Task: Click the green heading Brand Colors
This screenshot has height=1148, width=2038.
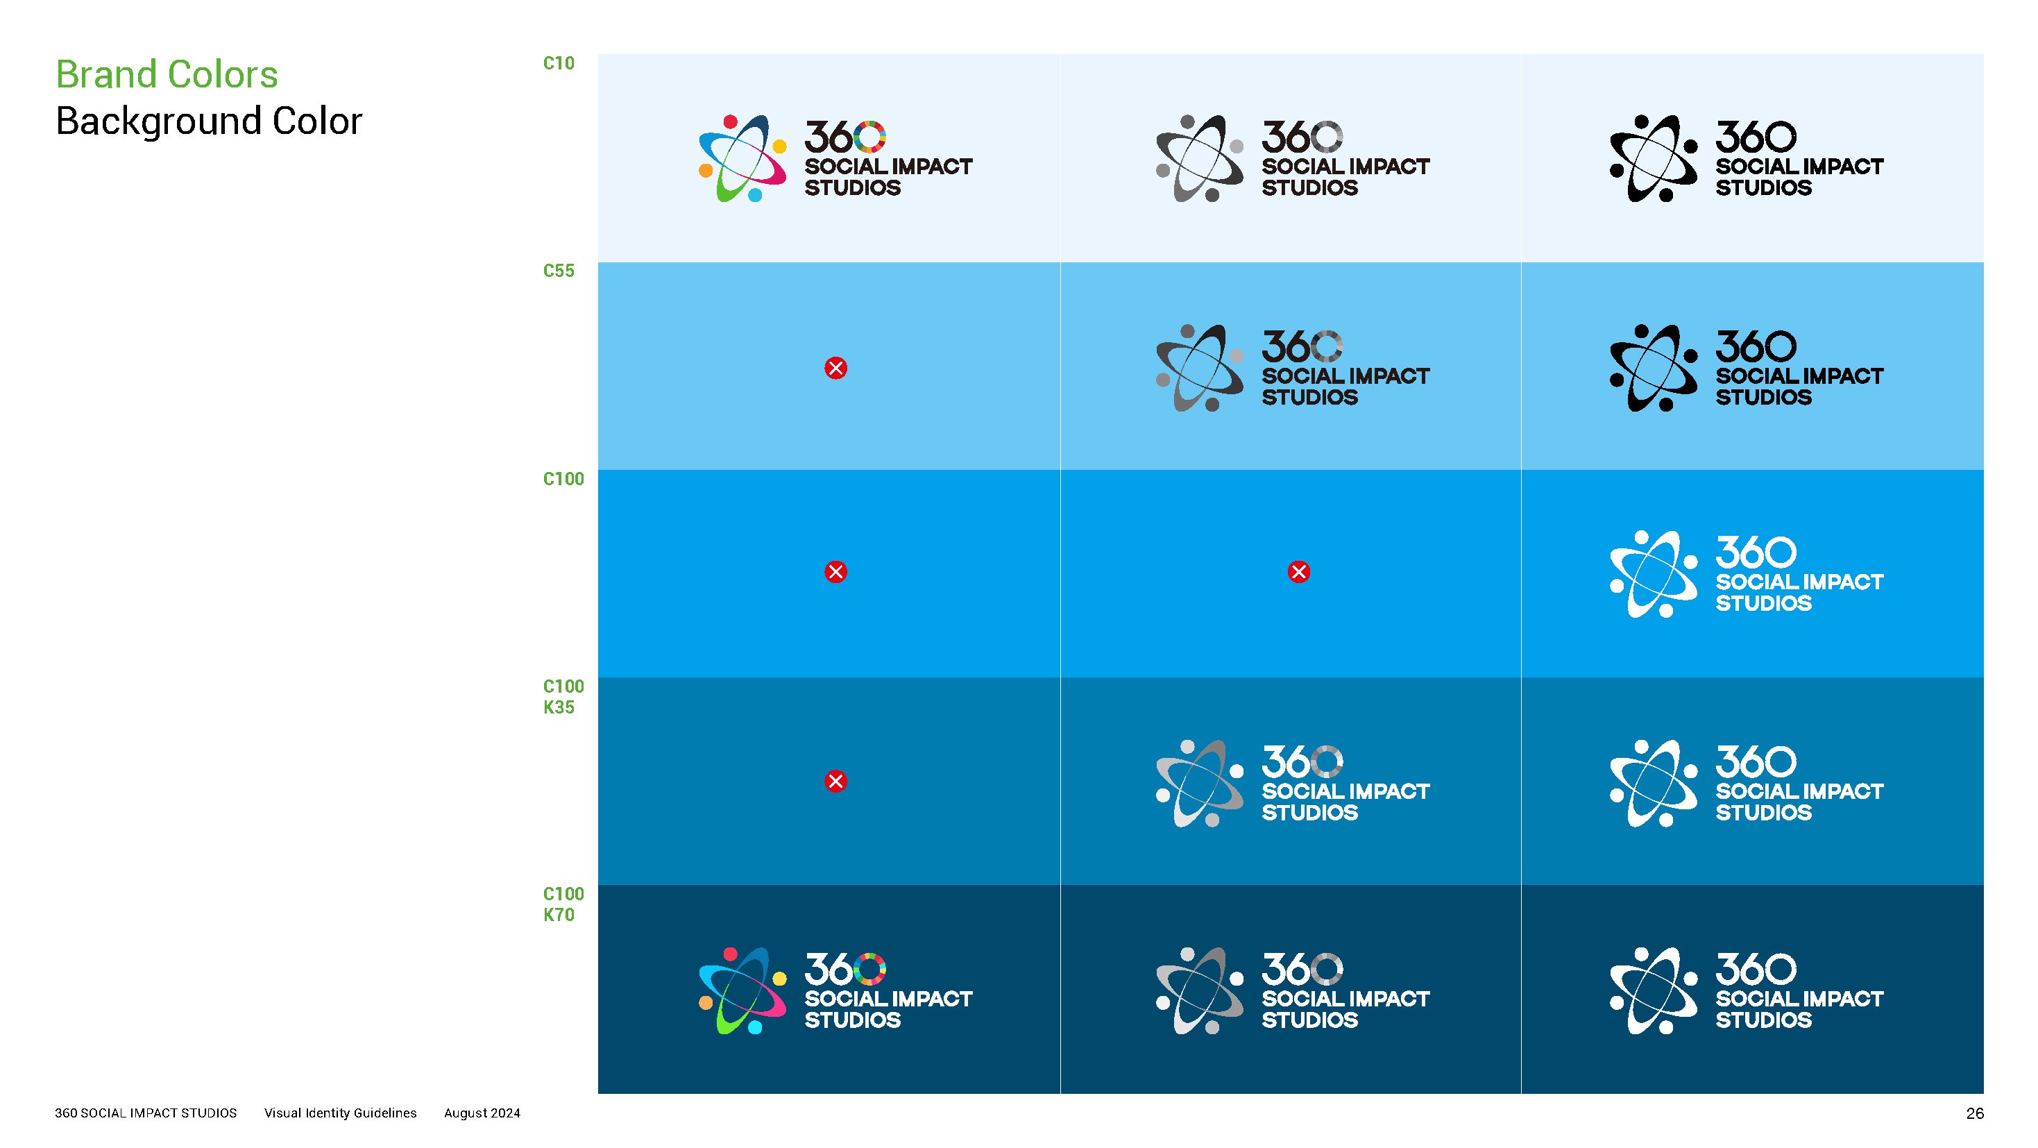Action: [x=167, y=75]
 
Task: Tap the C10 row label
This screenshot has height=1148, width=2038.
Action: [x=559, y=63]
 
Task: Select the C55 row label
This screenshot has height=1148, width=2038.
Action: [x=559, y=271]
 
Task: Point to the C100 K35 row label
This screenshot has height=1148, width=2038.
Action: [x=563, y=697]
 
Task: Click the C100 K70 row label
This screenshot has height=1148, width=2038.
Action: [x=563, y=904]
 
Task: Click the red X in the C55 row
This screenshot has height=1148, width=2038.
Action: [x=835, y=368]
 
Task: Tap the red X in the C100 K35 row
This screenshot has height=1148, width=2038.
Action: [x=835, y=781]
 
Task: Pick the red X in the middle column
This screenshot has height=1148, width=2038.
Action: [x=1298, y=572]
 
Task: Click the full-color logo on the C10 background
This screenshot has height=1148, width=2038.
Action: [x=835, y=158]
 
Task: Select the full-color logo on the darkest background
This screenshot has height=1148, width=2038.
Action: [x=835, y=990]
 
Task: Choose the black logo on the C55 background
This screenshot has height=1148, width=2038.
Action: [x=1747, y=368]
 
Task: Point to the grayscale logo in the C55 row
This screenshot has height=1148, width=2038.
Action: [x=1293, y=368]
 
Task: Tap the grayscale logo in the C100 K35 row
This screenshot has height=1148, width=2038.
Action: [x=1293, y=784]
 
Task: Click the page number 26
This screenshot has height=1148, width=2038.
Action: [x=1975, y=1113]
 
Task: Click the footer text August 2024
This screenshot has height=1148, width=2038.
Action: [x=482, y=1113]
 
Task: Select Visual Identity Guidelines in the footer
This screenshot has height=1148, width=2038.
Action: [x=340, y=1113]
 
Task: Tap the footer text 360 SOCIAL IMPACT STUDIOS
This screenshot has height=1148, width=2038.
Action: [x=146, y=1113]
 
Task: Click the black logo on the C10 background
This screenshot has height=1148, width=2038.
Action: [x=1747, y=158]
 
